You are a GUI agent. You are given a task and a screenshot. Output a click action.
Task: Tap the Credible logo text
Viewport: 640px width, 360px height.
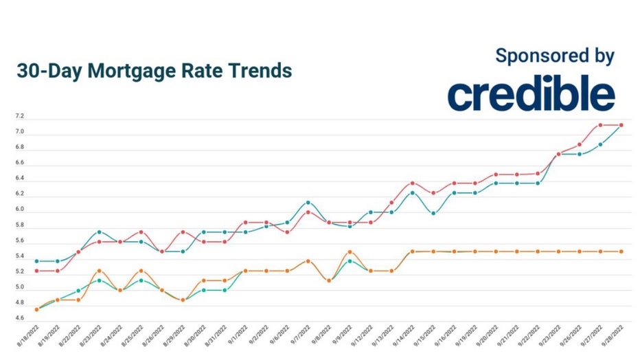(531, 95)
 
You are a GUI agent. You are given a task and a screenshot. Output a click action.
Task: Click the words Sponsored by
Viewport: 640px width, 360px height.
(555, 56)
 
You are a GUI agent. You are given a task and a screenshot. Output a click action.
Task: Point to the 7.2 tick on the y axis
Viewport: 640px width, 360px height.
(19, 116)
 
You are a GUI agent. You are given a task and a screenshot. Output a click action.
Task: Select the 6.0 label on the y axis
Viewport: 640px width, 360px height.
(19, 210)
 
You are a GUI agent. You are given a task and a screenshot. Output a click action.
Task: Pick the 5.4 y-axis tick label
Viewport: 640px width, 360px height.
(19, 256)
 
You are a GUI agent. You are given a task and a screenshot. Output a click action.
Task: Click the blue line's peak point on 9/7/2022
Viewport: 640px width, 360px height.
(308, 203)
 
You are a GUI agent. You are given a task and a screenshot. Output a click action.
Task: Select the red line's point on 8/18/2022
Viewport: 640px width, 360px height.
(36, 271)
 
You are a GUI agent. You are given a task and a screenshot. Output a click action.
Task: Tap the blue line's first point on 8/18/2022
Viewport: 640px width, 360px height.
(36, 261)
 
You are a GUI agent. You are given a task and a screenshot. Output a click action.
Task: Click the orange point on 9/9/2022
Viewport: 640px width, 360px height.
(350, 252)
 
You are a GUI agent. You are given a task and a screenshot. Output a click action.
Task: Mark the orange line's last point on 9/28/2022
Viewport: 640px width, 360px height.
(621, 251)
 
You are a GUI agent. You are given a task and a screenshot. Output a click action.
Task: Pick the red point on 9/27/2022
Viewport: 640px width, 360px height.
(600, 125)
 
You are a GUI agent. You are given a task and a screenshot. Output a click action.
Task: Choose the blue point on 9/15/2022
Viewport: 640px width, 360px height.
(433, 213)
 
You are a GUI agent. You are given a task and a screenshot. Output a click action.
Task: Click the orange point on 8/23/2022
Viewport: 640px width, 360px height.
(100, 271)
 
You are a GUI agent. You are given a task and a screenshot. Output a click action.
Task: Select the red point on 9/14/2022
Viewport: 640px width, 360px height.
(412, 183)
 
